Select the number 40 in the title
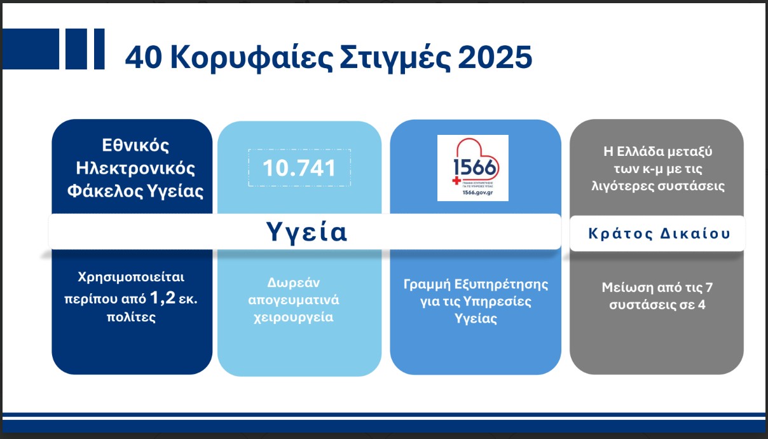point(144,58)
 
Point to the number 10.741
point(299,168)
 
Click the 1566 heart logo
point(472,167)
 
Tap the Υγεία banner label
point(306,232)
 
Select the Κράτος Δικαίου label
point(658,233)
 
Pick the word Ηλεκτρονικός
point(135,169)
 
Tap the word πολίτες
point(132,316)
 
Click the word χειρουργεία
point(299,317)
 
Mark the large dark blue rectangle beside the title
point(31,49)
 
